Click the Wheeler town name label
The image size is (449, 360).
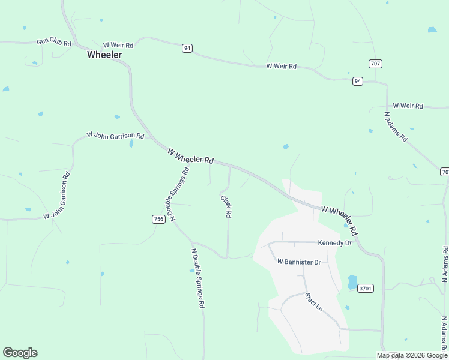(104, 55)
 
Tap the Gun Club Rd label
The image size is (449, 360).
(54, 43)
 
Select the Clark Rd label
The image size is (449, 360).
(226, 207)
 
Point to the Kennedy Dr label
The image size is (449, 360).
(334, 243)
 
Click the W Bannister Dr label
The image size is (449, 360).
(299, 262)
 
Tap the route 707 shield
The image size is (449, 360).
(375, 64)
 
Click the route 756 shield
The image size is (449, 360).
(158, 220)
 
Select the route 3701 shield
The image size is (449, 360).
(366, 289)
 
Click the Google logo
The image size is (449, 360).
(20, 353)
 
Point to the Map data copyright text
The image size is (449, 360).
(412, 355)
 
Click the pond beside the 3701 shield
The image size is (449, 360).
(352, 282)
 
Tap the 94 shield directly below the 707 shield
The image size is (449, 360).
(358, 81)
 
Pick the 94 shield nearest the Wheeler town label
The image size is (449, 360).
(187, 48)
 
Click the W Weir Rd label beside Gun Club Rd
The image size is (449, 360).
(118, 45)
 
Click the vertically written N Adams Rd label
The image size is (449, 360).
(445, 263)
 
